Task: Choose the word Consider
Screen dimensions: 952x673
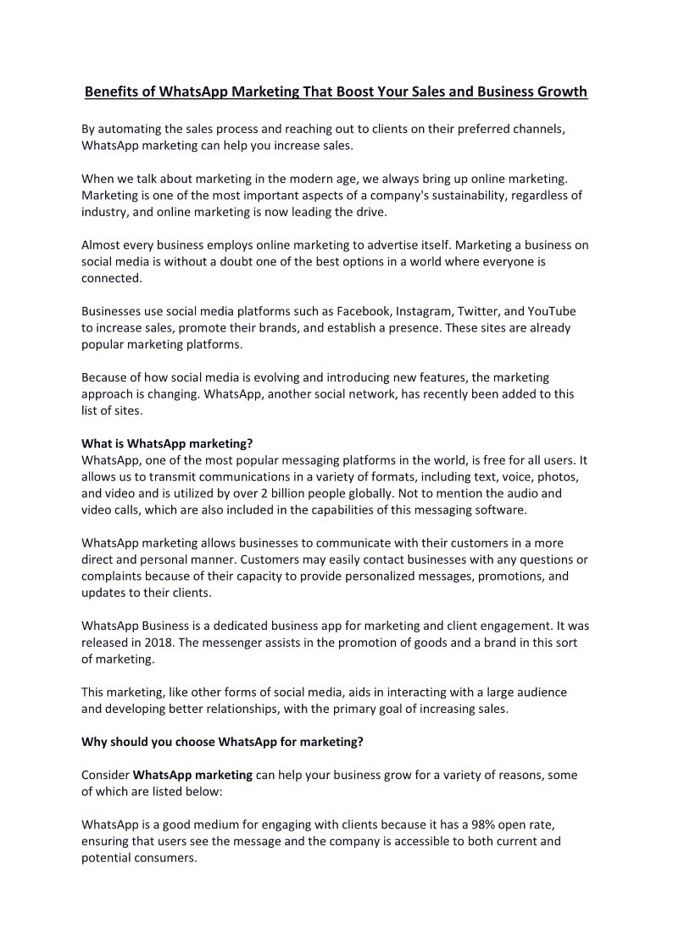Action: tap(106, 775)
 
